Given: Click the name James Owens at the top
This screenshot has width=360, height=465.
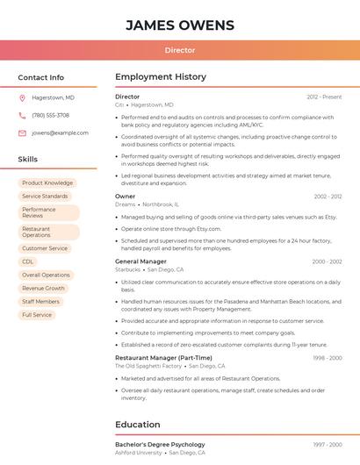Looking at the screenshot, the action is (x=180, y=25).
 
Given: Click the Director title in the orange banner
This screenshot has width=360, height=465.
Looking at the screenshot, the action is (x=180, y=50).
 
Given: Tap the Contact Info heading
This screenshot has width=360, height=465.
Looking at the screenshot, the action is (x=40, y=77).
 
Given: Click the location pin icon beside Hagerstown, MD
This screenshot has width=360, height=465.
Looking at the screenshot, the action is (x=22, y=97).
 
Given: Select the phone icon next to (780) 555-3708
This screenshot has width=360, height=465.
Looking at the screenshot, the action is (x=22, y=115).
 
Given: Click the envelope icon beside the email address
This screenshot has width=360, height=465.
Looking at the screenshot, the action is (x=22, y=133).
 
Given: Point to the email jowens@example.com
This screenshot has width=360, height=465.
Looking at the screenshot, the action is (x=60, y=133).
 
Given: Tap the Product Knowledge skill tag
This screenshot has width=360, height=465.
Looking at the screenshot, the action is (x=47, y=183).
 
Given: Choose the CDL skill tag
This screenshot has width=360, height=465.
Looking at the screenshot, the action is (x=28, y=261).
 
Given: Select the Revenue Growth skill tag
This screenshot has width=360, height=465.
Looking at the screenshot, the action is (x=43, y=288).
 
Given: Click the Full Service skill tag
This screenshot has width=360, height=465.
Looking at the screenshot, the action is (x=37, y=314).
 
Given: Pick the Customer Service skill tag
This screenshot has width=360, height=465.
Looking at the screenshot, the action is (x=45, y=248).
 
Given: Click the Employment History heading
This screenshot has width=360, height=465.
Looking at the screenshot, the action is (x=161, y=77).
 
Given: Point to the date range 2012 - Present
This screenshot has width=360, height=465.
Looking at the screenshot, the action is (x=324, y=97).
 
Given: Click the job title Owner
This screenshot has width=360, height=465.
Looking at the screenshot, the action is (x=126, y=197).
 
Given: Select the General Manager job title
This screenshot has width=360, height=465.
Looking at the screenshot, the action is (x=140, y=261).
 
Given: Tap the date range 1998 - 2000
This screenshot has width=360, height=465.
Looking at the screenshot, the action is (x=328, y=358).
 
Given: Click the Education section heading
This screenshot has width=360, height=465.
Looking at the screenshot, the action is (x=138, y=425).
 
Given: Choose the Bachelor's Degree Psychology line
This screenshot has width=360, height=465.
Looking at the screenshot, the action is (x=160, y=445).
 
